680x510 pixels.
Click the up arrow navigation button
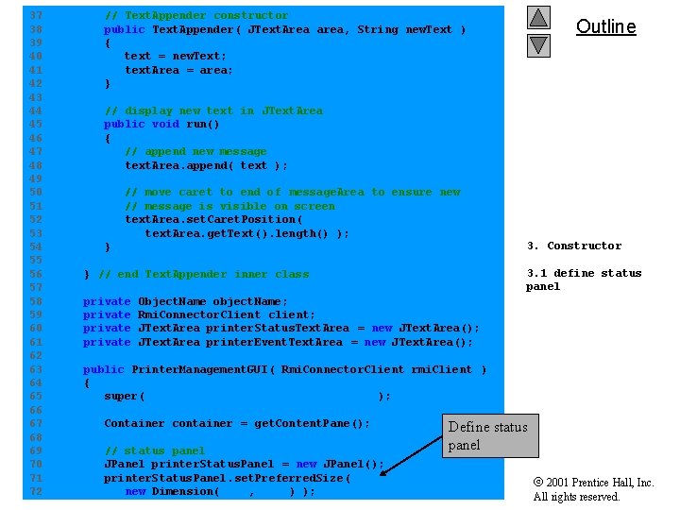tap(538, 18)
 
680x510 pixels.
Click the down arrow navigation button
tap(538, 44)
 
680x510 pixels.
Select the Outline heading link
tap(605, 26)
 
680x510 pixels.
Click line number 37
tap(36, 15)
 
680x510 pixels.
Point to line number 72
tap(36, 491)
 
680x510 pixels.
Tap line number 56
tap(36, 274)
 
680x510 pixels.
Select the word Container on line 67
tap(134, 423)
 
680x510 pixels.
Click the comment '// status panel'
tap(154, 450)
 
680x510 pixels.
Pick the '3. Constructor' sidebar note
tap(573, 246)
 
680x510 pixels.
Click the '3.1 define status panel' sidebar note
tap(583, 280)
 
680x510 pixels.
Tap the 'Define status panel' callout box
tap(487, 435)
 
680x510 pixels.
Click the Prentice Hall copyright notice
tap(593, 489)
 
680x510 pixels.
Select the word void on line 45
tap(164, 124)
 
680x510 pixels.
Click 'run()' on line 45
tap(202, 124)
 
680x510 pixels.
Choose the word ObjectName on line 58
tap(171, 301)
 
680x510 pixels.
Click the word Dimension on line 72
tap(184, 491)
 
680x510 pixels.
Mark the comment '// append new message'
tap(195, 151)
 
